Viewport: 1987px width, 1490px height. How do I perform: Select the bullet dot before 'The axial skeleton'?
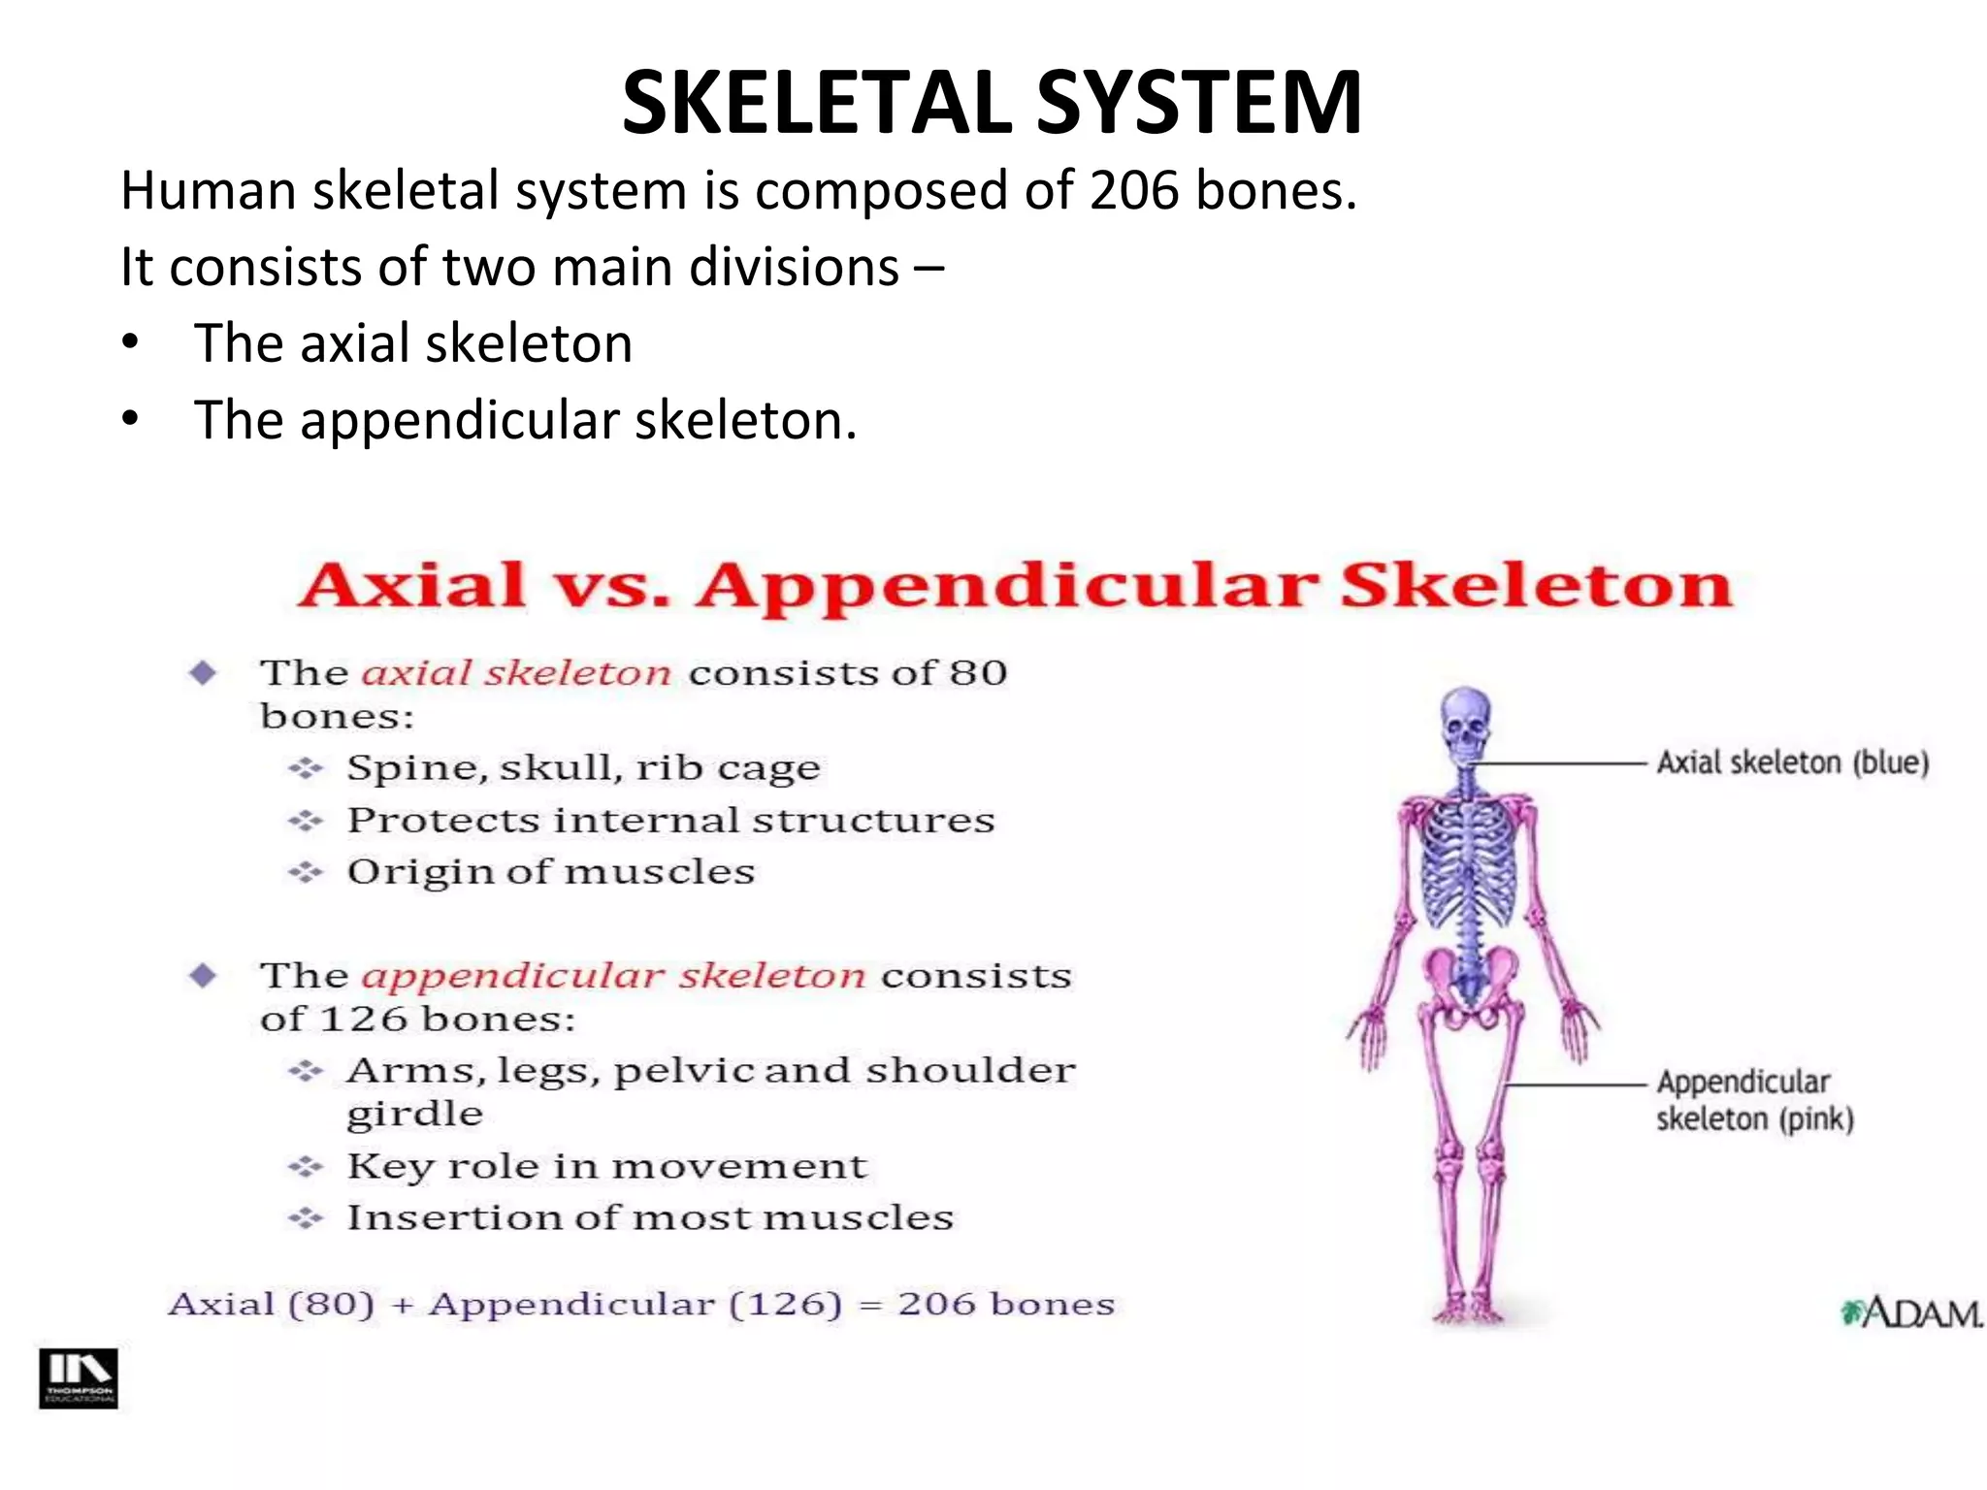(x=131, y=343)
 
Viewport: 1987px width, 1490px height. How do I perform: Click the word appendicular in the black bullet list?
(x=460, y=420)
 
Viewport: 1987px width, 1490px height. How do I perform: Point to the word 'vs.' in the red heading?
(x=611, y=586)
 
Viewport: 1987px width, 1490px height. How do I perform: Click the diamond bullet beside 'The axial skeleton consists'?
(x=203, y=672)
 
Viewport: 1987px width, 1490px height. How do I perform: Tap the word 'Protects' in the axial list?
(x=442, y=821)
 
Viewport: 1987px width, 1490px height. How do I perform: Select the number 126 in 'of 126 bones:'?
(x=364, y=1019)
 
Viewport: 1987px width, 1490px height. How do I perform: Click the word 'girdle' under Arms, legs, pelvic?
(x=414, y=1114)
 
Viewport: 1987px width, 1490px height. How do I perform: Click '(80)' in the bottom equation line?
(x=332, y=1304)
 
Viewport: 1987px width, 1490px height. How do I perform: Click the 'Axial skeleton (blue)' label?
(x=1792, y=762)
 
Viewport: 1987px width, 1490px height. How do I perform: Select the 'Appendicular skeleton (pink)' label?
(x=1754, y=1100)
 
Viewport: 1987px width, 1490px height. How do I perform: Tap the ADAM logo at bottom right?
(x=1911, y=1313)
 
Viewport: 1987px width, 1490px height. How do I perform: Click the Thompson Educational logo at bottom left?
(x=79, y=1377)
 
